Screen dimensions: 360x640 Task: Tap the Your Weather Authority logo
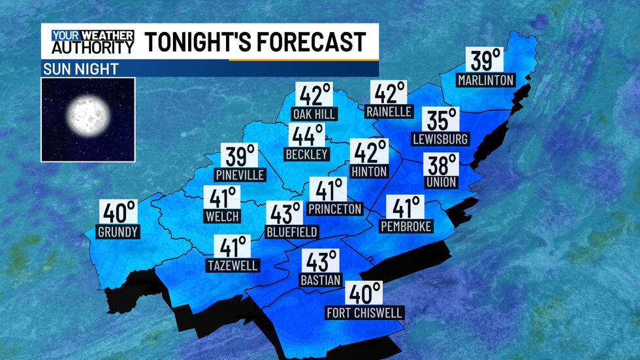tap(92, 42)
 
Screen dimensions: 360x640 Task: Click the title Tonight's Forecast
tap(255, 42)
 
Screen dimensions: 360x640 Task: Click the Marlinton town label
tap(486, 80)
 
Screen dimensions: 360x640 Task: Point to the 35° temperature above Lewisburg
tap(440, 120)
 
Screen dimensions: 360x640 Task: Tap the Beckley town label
tap(306, 154)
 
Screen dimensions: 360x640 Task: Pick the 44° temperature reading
tap(307, 136)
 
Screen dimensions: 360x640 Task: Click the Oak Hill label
tap(314, 114)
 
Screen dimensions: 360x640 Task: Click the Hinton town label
tap(369, 171)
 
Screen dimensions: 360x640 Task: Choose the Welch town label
tap(222, 216)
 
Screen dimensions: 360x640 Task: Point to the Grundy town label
tap(118, 232)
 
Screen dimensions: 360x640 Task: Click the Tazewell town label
tap(232, 265)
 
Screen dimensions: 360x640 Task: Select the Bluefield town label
tap(292, 231)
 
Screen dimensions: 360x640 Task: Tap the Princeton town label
tap(334, 209)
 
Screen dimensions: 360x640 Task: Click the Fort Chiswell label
tap(365, 313)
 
